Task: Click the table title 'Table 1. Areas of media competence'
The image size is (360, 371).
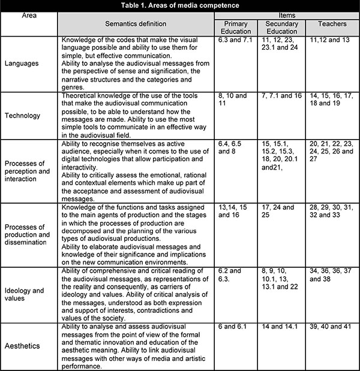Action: coord(179,6)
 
